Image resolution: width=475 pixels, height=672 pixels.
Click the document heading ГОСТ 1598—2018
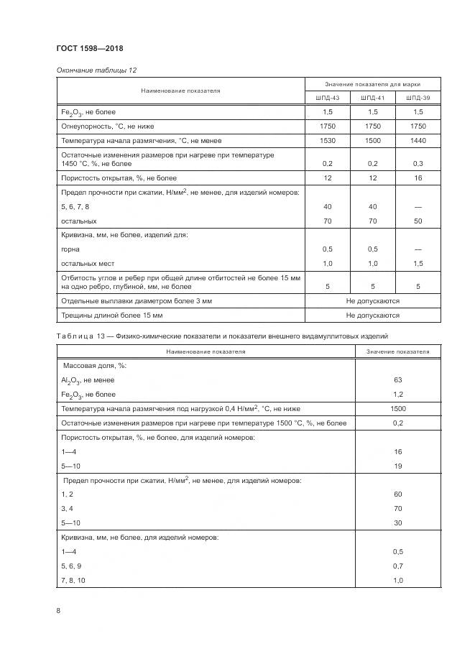click(x=91, y=48)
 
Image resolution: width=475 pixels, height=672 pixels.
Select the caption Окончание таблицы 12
click(x=96, y=70)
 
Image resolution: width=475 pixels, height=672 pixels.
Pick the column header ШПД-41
click(x=373, y=98)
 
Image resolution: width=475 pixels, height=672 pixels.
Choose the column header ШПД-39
click(x=418, y=98)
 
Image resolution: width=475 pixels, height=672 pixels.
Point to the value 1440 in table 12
click(x=418, y=141)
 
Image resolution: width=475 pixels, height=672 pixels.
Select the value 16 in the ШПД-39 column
click(x=418, y=178)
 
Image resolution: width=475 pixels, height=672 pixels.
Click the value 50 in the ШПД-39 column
click(x=418, y=221)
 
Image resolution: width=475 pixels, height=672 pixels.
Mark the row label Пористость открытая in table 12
click(x=119, y=178)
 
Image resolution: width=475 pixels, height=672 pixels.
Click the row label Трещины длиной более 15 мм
click(x=112, y=315)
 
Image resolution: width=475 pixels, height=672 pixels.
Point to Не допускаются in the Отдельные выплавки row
click(x=372, y=300)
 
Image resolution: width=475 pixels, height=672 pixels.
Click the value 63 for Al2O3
click(x=397, y=379)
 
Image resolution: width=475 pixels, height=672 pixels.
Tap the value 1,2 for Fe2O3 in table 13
click(x=397, y=394)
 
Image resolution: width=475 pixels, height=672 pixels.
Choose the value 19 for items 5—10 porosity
click(x=397, y=466)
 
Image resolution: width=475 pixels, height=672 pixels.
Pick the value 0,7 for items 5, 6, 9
click(x=397, y=566)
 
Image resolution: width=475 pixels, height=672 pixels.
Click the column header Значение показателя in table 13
click(x=397, y=351)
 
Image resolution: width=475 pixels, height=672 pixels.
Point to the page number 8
click(x=58, y=610)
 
